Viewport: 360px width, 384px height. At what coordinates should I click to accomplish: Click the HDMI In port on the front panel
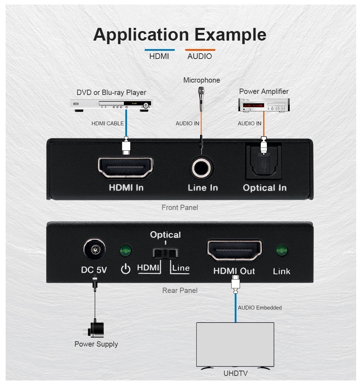[x=126, y=168]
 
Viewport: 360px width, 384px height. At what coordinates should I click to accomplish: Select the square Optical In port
[x=264, y=162]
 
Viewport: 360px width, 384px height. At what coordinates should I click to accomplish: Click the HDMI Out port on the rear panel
[x=234, y=250]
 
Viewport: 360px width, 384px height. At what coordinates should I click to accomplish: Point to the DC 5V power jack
[x=94, y=250]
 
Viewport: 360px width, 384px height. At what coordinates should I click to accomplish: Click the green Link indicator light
[x=282, y=251]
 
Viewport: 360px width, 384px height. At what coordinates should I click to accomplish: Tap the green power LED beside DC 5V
[x=125, y=251]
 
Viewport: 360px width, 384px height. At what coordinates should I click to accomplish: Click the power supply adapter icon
[x=95, y=328]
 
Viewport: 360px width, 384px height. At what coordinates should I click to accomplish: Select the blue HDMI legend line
[x=160, y=50]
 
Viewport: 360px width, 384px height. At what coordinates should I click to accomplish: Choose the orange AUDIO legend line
[x=200, y=50]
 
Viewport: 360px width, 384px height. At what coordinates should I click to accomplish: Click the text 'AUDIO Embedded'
[x=260, y=308]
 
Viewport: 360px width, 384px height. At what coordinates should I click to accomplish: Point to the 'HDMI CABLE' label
[x=108, y=124]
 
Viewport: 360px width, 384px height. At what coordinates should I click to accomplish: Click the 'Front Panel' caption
[x=180, y=208]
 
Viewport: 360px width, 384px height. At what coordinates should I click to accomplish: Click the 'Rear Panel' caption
[x=180, y=290]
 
